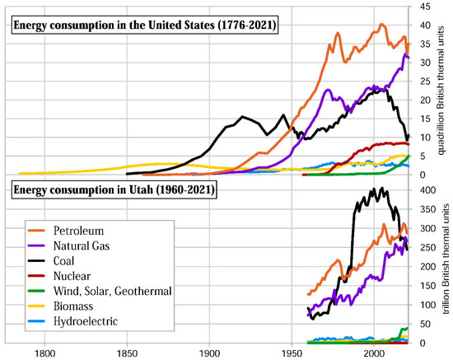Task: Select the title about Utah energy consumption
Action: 113,191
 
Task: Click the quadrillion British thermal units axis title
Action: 446,91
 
